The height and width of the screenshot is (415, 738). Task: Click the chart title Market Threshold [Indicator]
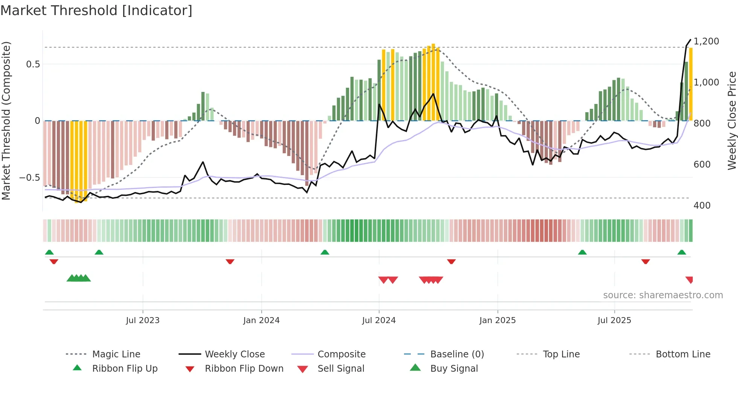coord(96,11)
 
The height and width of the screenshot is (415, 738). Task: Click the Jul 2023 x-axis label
coord(143,320)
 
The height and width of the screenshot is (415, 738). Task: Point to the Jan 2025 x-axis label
coord(497,320)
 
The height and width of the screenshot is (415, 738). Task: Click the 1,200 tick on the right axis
coord(706,41)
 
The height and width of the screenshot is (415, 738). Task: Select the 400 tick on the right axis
coord(702,205)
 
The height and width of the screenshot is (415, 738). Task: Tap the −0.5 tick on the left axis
coord(30,177)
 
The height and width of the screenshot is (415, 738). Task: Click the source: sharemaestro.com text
coord(663,295)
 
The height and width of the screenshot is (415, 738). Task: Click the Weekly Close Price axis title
coord(732,121)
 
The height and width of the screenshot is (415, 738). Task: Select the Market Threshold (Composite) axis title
coord(6,121)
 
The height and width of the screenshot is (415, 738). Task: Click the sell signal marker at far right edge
coord(689,279)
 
